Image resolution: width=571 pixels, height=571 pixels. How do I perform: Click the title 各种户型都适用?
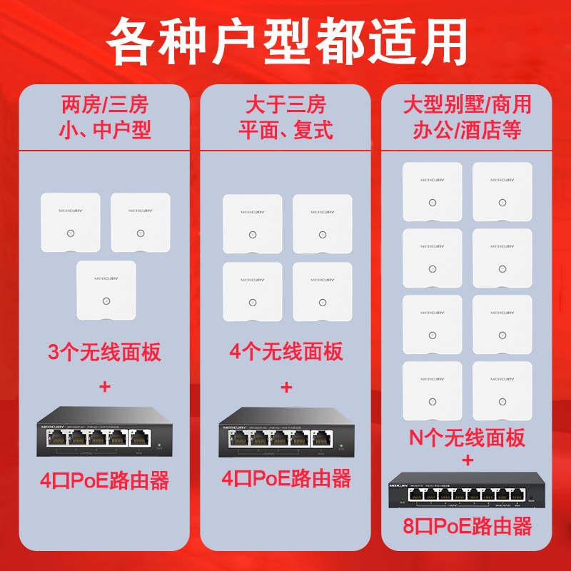click(285, 41)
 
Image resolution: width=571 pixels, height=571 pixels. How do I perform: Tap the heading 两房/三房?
click(105, 106)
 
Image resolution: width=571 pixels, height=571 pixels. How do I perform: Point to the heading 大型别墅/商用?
click(467, 106)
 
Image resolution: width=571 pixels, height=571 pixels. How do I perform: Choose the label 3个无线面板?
click(105, 352)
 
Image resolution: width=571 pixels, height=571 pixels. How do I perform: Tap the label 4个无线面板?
click(285, 352)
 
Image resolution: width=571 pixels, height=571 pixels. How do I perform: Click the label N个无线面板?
click(467, 437)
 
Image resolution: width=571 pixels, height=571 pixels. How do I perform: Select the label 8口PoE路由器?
click(467, 527)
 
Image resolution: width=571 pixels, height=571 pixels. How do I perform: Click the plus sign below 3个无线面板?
click(105, 388)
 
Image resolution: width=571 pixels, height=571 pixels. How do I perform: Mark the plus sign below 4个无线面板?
click(285, 388)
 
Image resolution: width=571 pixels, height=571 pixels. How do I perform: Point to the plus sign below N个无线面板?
click(467, 460)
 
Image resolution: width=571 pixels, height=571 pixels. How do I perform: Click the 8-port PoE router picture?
click(467, 490)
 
